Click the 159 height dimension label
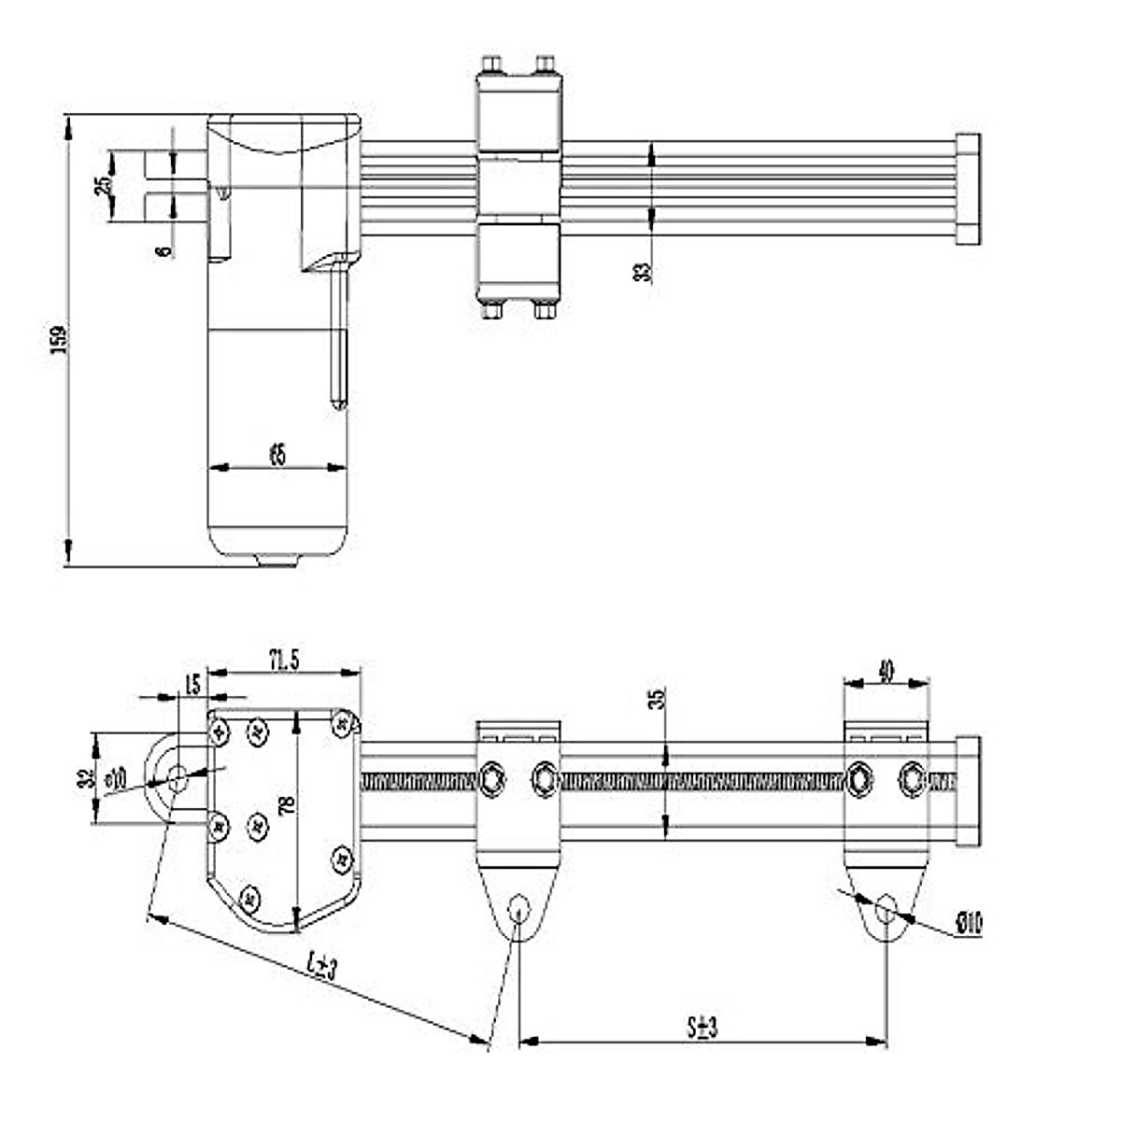pos(58,341)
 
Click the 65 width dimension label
pos(277,455)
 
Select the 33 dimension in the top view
pos(642,272)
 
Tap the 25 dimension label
pos(102,184)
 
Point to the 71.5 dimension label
pos(283,660)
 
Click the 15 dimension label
pos(193,684)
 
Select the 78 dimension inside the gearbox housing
pos(287,804)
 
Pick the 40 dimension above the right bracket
pos(887,670)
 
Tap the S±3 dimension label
pos(702,1028)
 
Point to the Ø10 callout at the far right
pos(969,924)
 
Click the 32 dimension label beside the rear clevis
pos(85,778)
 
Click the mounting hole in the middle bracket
pos(519,909)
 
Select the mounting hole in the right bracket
pos(887,907)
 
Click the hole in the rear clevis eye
pos(176,774)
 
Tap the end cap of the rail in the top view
pos(969,189)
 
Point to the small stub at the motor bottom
pos(277,560)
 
